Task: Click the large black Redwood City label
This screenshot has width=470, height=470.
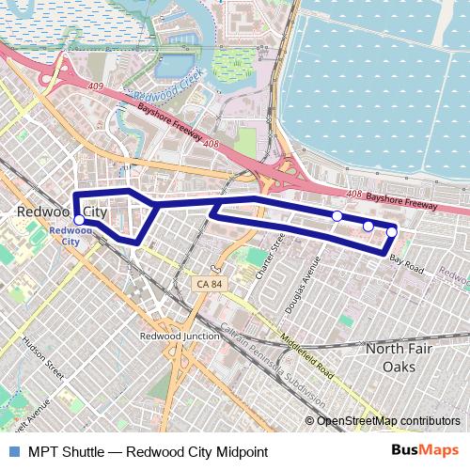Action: click(x=62, y=213)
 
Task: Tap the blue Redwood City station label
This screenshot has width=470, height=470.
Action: click(x=65, y=235)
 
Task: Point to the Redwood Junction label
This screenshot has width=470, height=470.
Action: click(x=179, y=336)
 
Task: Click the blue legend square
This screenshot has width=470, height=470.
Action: click(x=12, y=451)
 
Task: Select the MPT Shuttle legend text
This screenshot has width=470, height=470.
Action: click(x=148, y=451)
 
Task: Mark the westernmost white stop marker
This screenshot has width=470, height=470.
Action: click(x=79, y=221)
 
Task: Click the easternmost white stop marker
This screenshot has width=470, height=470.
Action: click(x=391, y=231)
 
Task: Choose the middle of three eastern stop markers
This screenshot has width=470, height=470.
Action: click(x=368, y=226)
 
